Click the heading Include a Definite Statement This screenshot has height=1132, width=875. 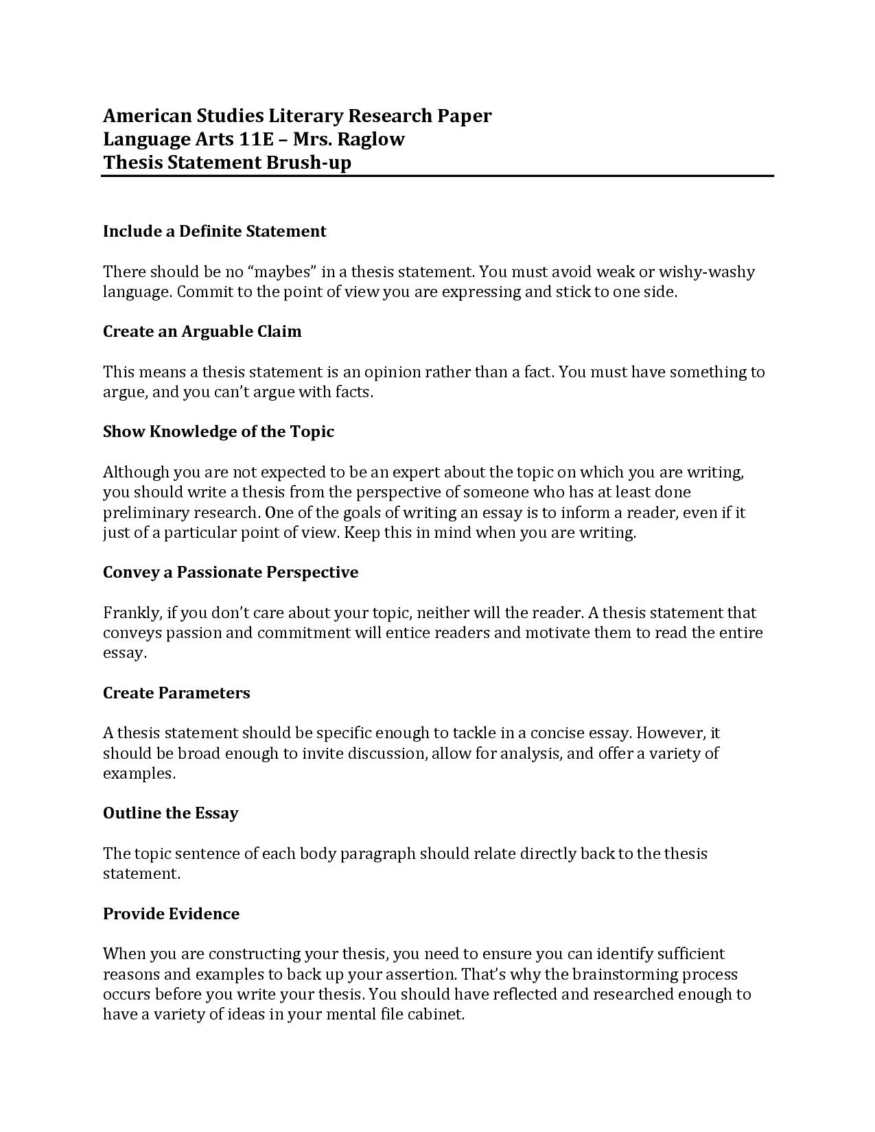tap(214, 231)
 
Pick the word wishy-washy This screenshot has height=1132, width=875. tap(706, 272)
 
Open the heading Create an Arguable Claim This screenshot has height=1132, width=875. tap(202, 331)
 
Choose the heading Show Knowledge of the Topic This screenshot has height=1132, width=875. tap(218, 432)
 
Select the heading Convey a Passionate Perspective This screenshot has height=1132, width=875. tap(231, 572)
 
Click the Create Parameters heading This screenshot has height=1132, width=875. tap(176, 693)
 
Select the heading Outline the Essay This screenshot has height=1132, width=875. tap(170, 813)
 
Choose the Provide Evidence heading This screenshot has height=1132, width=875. tap(171, 914)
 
